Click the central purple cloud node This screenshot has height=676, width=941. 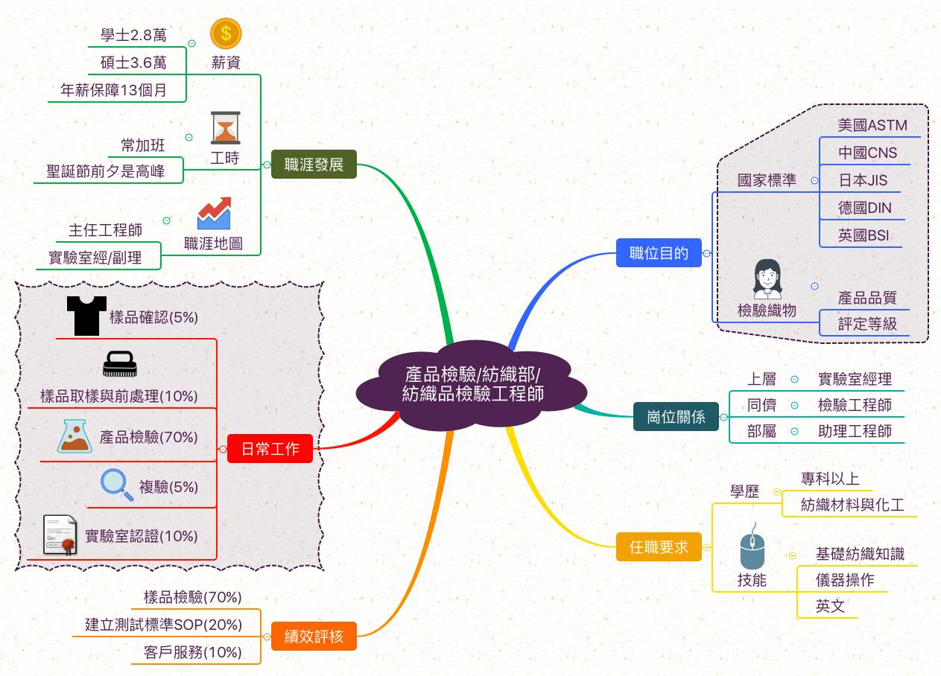click(471, 383)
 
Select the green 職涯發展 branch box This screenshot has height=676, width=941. click(314, 165)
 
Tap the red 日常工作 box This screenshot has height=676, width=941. click(270, 449)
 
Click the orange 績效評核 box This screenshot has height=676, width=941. click(314, 637)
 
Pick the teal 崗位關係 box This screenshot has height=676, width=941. click(676, 417)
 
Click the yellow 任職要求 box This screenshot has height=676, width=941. click(659, 547)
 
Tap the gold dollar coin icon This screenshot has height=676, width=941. click(226, 34)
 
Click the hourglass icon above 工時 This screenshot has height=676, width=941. click(225, 127)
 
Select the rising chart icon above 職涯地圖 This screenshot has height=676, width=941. click(214, 214)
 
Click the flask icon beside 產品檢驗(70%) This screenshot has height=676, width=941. click(74, 436)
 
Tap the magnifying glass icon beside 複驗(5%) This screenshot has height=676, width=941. click(117, 485)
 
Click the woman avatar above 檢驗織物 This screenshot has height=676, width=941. click(767, 279)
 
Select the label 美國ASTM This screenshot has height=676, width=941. click(872, 125)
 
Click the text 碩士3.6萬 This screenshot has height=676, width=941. click(133, 63)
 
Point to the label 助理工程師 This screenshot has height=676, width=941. click(854, 431)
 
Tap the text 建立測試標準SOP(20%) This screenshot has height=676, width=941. click(162, 624)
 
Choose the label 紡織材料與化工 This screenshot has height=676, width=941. click(852, 505)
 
